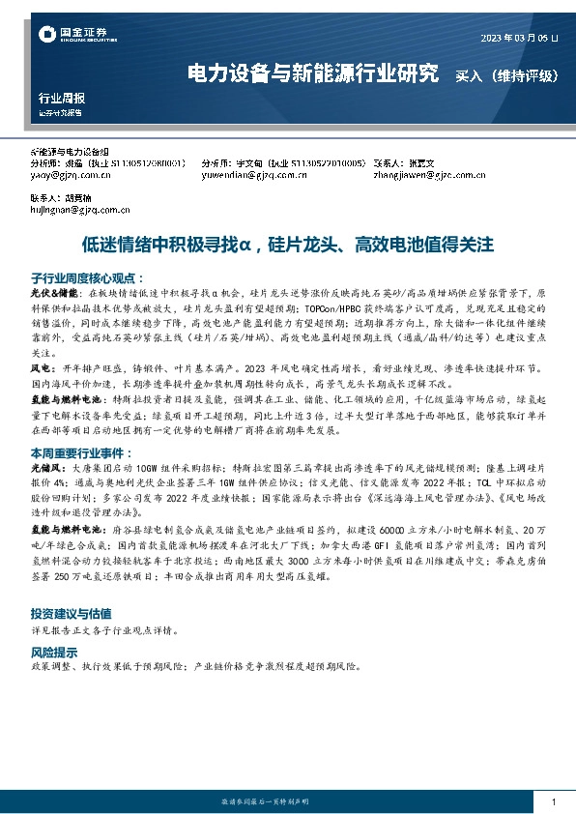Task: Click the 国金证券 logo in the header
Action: (x=72, y=35)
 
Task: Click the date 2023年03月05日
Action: (x=519, y=38)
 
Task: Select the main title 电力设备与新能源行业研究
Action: (x=312, y=73)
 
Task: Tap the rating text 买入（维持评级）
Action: (x=504, y=73)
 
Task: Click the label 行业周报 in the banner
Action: (x=61, y=99)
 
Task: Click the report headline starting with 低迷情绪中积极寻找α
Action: (x=287, y=246)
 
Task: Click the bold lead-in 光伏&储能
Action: (x=52, y=291)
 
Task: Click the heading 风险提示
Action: (x=57, y=652)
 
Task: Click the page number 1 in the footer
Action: (x=552, y=802)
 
